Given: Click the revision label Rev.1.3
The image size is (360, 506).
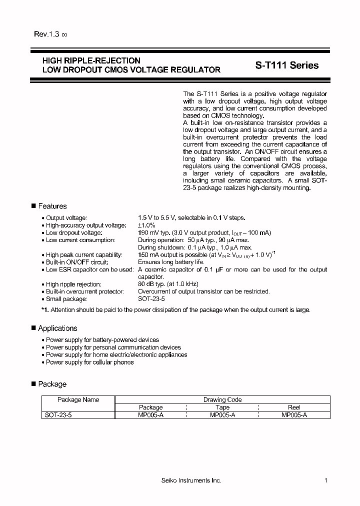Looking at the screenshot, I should pos(46,34).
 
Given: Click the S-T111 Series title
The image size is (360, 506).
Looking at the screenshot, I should pos(283,65).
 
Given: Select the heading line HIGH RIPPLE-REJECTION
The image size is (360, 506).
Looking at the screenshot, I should pos(91,61).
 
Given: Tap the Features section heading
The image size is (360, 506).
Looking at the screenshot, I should pos(52,206).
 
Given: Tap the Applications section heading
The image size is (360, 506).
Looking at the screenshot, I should pos(57,328).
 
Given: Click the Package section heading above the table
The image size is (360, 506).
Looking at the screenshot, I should pos(52,384).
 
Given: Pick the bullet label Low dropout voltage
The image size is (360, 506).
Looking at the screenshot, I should pos(74,233).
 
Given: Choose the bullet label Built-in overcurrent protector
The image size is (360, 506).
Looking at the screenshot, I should pos(84,291).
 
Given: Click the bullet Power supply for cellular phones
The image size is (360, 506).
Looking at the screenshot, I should pos(90,362).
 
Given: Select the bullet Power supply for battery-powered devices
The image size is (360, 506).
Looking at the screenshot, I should pos(102,340).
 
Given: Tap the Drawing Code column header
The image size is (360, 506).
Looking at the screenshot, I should pos(222,399).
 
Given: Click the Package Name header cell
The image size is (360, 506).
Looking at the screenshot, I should pos(78,399).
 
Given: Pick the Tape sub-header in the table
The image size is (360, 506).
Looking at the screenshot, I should pos(222,407).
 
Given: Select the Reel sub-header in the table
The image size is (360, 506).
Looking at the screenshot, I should pos(294,407).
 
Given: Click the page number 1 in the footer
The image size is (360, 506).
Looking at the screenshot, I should pos(325,480).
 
